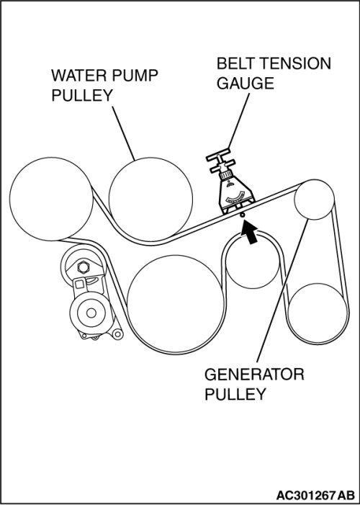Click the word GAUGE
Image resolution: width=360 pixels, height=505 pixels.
[x=245, y=84]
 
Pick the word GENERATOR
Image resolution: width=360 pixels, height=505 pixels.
[x=254, y=375]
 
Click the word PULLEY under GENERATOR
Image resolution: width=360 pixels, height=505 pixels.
[x=235, y=394]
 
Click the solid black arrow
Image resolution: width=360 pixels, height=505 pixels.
[x=250, y=232]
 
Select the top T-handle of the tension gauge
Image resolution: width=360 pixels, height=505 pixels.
[x=218, y=156]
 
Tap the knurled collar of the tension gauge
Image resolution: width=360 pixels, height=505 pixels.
[x=226, y=175]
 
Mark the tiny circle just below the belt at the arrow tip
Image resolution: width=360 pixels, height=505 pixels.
[x=242, y=215]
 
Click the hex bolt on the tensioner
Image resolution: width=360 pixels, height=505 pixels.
[x=84, y=267]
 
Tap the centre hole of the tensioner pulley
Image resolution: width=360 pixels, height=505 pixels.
[x=91, y=313]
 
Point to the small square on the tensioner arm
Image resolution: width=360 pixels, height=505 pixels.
[x=79, y=285]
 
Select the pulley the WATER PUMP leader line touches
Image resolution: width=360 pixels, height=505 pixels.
[x=150, y=199]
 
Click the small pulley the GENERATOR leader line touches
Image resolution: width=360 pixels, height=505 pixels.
[x=314, y=200]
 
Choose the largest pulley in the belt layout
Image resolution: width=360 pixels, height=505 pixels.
[x=176, y=303]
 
